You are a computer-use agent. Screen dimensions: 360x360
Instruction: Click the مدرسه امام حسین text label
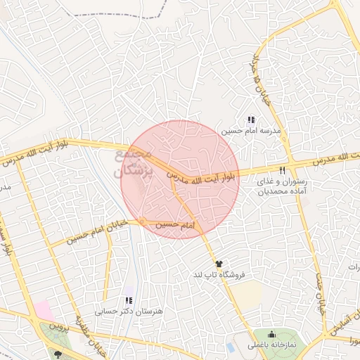(x=251, y=131)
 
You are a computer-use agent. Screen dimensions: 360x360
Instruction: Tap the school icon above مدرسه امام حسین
(x=252, y=120)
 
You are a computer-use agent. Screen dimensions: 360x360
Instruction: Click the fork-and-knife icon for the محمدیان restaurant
(x=283, y=170)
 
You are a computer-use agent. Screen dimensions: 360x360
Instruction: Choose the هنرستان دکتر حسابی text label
(x=129, y=310)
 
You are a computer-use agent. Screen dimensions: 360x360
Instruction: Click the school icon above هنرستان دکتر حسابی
(x=129, y=300)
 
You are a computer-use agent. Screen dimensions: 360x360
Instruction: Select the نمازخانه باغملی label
(x=271, y=345)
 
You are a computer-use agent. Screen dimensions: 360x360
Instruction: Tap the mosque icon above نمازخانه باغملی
(x=272, y=333)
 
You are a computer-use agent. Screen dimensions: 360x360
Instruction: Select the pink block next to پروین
(x=44, y=310)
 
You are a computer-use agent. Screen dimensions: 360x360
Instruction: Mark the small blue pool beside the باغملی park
(x=231, y=347)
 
